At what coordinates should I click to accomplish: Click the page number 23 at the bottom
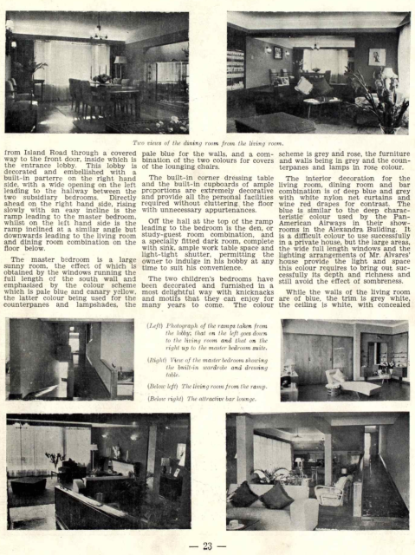[x=207, y=544]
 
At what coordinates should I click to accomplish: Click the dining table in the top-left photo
[x=104, y=84]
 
